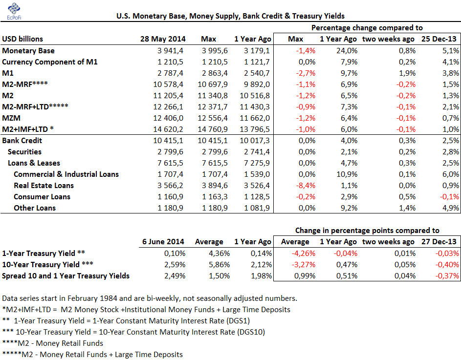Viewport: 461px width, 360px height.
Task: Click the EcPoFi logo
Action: (14, 11)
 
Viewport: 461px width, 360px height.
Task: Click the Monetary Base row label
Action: (28, 50)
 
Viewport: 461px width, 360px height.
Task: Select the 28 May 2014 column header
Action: (163, 39)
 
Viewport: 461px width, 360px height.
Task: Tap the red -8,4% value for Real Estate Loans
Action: (306, 186)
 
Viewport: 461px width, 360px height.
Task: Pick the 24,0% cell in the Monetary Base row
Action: (347, 50)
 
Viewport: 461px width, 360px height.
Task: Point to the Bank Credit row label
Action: (22, 141)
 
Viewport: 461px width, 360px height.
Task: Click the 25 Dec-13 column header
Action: (439, 39)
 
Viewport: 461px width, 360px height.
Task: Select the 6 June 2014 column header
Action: (163, 242)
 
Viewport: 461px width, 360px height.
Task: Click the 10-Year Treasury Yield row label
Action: (47, 264)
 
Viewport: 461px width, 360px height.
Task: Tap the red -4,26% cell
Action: (304, 254)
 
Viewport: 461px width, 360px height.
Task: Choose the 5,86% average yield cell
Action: (220, 264)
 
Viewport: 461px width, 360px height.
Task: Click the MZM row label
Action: (11, 118)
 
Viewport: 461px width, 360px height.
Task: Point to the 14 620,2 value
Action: (168, 129)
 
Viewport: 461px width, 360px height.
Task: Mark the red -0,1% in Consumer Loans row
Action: (449, 196)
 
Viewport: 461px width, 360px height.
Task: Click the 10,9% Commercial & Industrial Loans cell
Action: (347, 174)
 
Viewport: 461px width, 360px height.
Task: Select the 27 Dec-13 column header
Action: (439, 242)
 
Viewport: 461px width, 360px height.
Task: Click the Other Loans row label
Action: (35, 208)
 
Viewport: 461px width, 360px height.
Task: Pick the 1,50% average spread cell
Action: (220, 275)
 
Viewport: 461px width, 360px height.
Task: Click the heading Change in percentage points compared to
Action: (367, 231)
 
